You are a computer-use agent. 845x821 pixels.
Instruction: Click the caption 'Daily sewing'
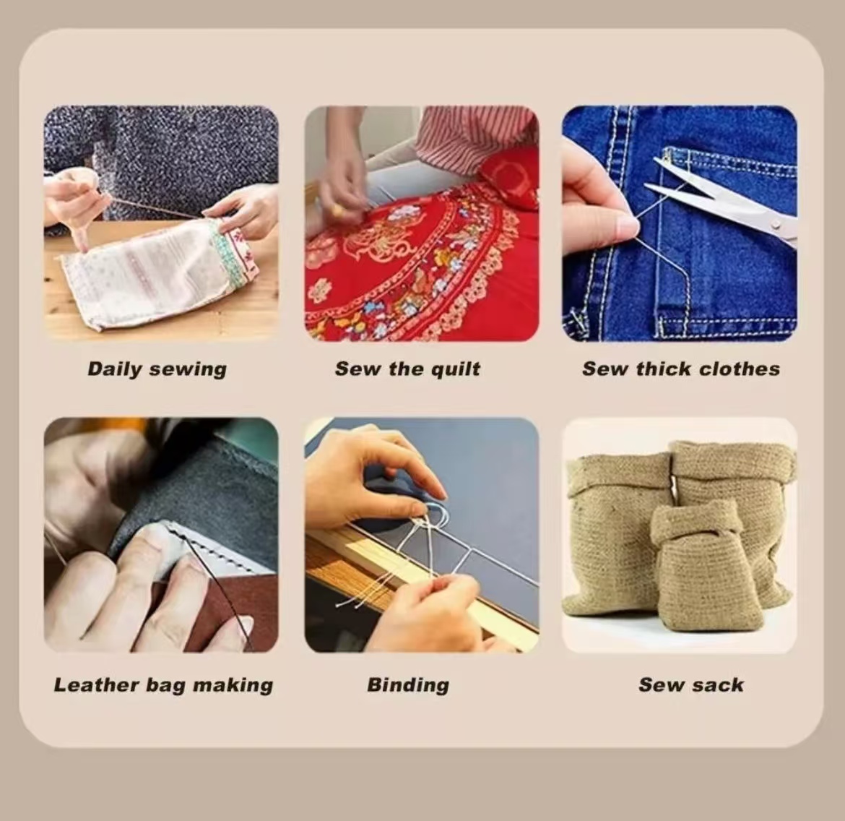(157, 369)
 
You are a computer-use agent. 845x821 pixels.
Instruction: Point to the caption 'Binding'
(408, 685)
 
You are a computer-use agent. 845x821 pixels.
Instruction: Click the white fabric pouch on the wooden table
(156, 275)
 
